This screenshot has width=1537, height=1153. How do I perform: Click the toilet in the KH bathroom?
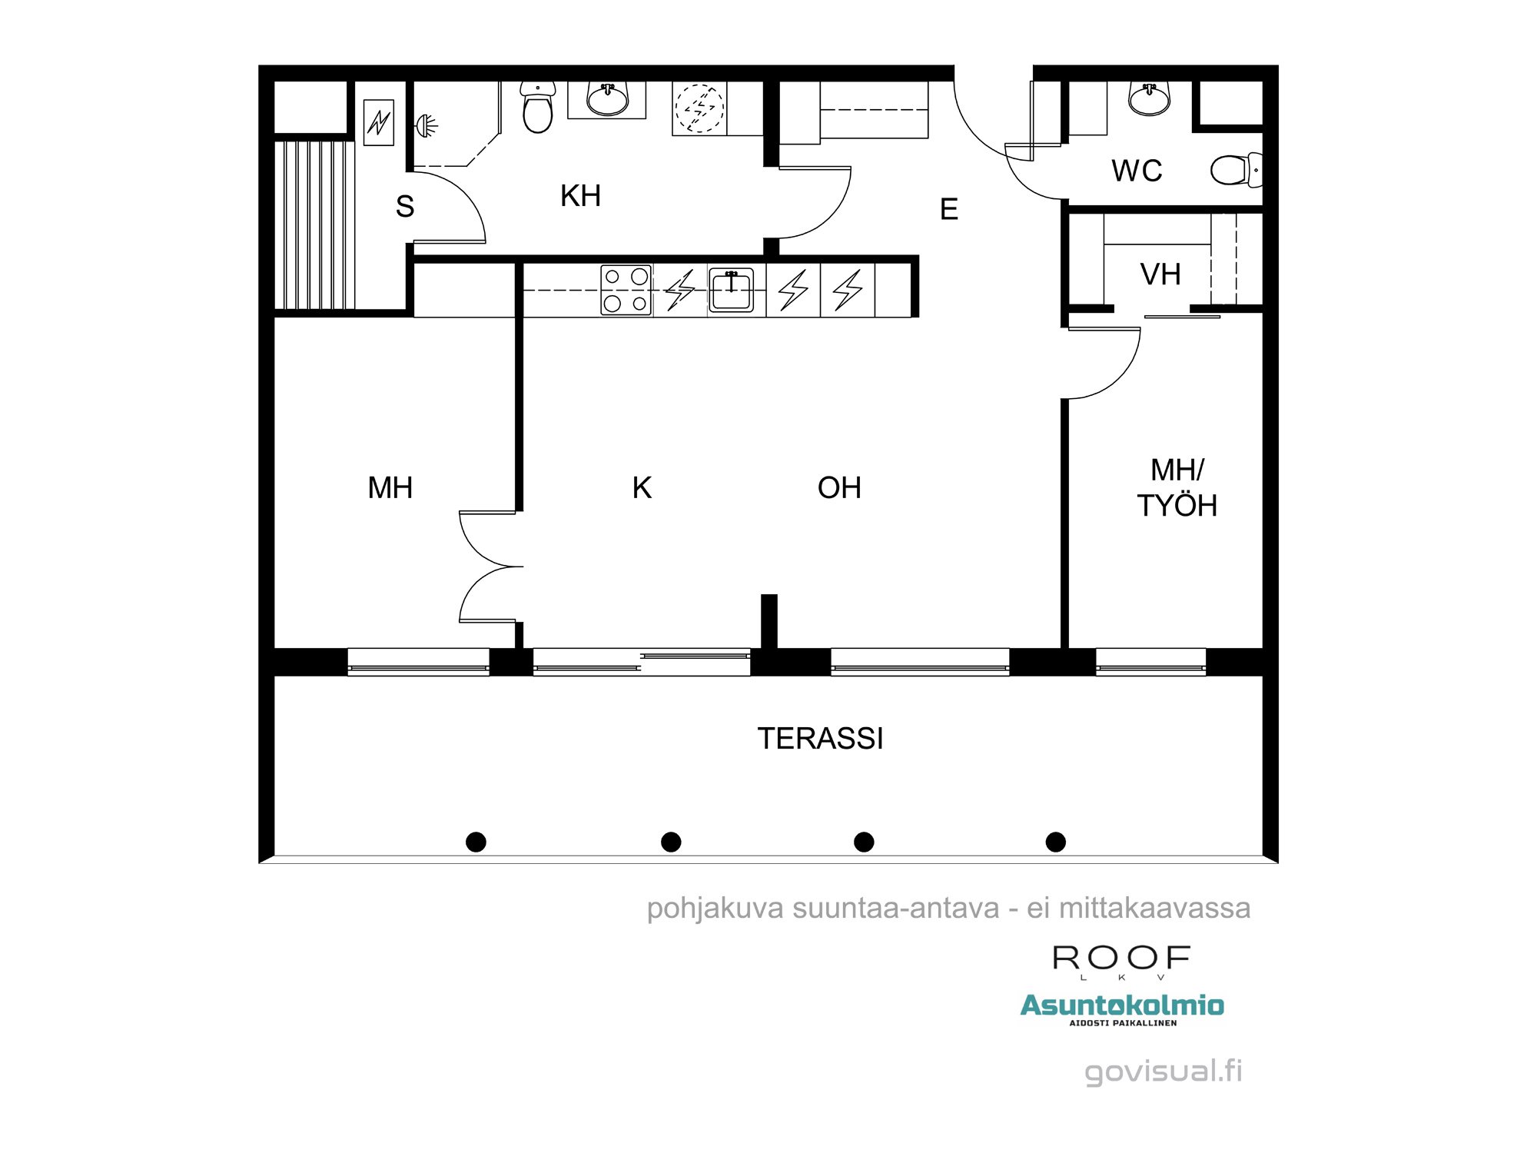click(x=537, y=108)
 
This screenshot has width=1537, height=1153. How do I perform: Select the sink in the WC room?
click(x=1150, y=99)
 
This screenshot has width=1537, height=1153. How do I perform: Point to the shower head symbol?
click(x=427, y=124)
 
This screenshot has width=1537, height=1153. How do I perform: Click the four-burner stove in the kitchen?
click(x=626, y=290)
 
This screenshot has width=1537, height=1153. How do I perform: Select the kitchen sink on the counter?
click(x=731, y=290)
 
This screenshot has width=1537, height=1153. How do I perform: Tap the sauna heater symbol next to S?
click(x=379, y=122)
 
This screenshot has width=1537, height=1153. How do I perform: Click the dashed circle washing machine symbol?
click(x=699, y=108)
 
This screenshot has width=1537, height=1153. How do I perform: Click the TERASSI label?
click(x=820, y=739)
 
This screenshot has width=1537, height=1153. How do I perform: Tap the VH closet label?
click(x=1160, y=274)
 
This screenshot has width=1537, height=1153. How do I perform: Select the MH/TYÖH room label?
click(x=1177, y=488)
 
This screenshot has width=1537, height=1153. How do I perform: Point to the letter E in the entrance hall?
click(x=949, y=209)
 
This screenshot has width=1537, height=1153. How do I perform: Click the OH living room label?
click(x=839, y=488)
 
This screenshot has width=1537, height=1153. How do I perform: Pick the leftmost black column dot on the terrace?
click(x=476, y=842)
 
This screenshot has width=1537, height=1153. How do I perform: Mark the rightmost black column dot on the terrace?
click(x=1056, y=842)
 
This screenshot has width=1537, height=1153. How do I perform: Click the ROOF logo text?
click(x=1121, y=959)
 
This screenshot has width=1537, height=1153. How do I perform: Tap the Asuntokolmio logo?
click(x=1122, y=1005)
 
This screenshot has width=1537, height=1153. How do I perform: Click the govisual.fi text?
click(x=1163, y=1071)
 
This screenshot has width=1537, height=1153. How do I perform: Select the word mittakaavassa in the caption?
click(x=1154, y=909)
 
